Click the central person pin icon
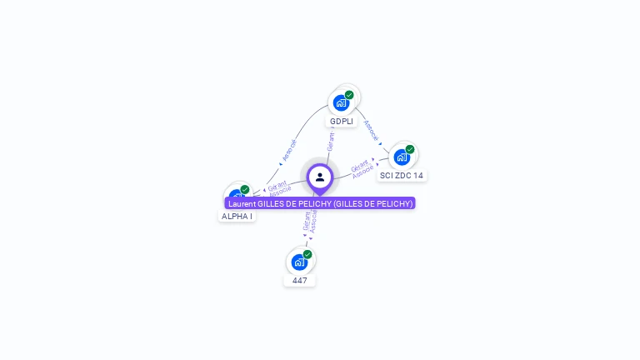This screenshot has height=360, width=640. (x=320, y=177)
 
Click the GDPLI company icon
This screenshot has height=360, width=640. (x=341, y=102)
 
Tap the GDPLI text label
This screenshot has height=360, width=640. (x=342, y=122)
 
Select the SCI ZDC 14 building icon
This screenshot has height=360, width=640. (x=402, y=157)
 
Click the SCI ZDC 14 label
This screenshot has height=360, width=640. (x=402, y=176)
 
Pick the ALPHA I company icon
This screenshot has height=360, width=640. (x=237, y=197)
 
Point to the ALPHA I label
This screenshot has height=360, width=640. (x=237, y=217)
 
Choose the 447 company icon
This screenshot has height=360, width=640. (x=299, y=262)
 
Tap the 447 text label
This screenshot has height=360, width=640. (x=300, y=281)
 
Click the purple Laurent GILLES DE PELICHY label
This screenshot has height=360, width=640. (x=320, y=203)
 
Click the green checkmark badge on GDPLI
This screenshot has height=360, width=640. (x=349, y=95)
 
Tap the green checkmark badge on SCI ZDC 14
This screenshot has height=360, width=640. (x=410, y=149)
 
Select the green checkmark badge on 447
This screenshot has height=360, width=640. (x=307, y=254)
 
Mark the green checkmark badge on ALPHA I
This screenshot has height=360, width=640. (x=245, y=189)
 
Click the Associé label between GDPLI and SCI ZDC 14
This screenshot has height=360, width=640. (x=372, y=131)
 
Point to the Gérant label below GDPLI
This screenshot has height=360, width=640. (x=331, y=142)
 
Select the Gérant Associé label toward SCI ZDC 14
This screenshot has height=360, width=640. (x=362, y=168)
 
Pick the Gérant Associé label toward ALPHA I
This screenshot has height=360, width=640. (x=279, y=187)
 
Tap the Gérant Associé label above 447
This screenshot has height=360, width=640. (x=310, y=221)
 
